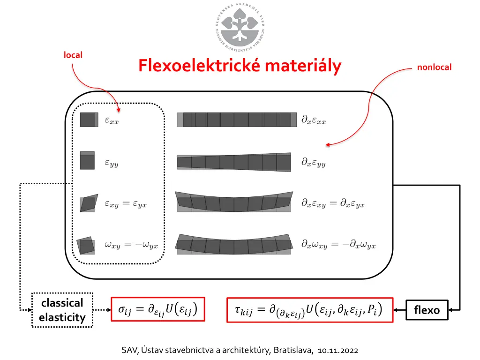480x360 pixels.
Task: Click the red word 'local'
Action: pos(73,55)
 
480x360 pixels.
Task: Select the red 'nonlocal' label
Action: pos(434,67)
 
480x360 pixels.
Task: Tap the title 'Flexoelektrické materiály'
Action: pos(240,66)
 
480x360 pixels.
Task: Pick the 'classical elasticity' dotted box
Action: pos(62,310)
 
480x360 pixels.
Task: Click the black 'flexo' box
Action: pos(427,310)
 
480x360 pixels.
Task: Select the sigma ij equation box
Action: pos(158,309)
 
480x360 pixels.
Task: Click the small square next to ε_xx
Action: pos(88,120)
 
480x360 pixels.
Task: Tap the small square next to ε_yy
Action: pos(88,161)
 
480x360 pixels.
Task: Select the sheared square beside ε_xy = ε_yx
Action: pos(89,203)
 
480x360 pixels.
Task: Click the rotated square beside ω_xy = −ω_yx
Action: pos(86,245)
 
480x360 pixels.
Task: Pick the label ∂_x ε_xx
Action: pos(314,120)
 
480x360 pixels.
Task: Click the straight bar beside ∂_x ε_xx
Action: pos(237,120)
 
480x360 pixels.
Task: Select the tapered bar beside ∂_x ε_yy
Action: pos(234,162)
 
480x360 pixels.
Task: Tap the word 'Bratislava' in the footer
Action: pos(294,350)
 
